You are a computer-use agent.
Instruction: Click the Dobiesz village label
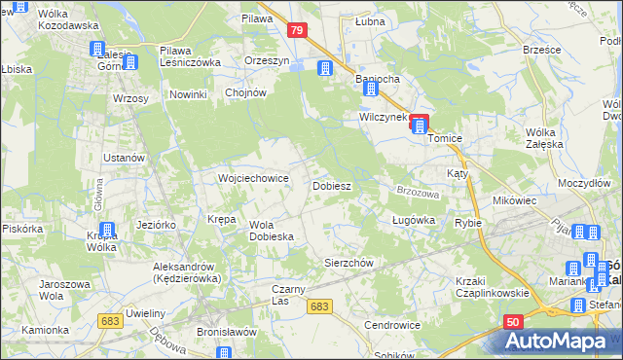coord(331,185)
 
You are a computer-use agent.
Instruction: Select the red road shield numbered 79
coord(299,32)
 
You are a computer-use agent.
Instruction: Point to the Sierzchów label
coord(348,263)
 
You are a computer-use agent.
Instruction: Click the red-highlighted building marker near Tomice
coord(419,124)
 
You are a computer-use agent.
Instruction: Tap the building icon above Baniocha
coord(324,67)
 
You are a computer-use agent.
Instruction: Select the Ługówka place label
coord(412,221)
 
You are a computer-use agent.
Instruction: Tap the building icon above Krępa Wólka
coord(108,231)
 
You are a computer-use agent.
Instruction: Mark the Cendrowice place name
coord(391,324)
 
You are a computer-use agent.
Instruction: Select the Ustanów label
coord(125,158)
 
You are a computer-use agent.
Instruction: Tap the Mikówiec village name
coord(515,199)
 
